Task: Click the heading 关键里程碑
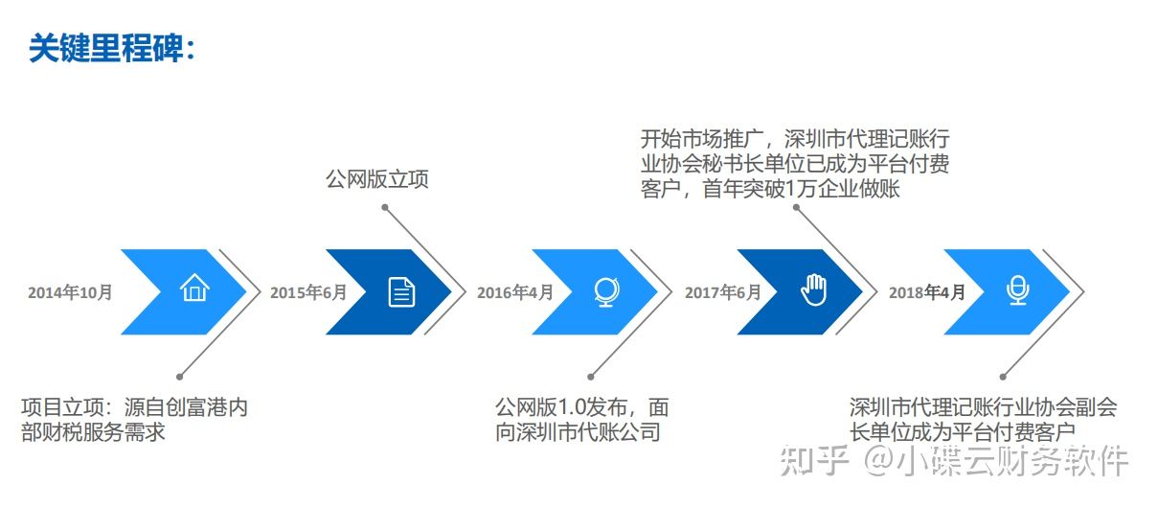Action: coord(110,48)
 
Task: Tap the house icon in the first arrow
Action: coord(194,289)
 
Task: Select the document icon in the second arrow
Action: coord(401,291)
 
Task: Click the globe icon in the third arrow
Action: coord(605,291)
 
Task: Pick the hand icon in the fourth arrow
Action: coord(813,289)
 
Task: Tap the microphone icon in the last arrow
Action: coord(1018,290)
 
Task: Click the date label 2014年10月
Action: coord(70,292)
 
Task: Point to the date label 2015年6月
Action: coord(308,292)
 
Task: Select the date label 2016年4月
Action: coord(515,292)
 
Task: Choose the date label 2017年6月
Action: coord(722,292)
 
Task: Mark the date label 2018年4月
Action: coord(927,292)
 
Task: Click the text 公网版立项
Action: coord(376,179)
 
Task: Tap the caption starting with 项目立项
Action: coord(134,419)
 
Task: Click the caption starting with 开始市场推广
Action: coord(795,163)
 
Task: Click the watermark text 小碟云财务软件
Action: coord(1011,462)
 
